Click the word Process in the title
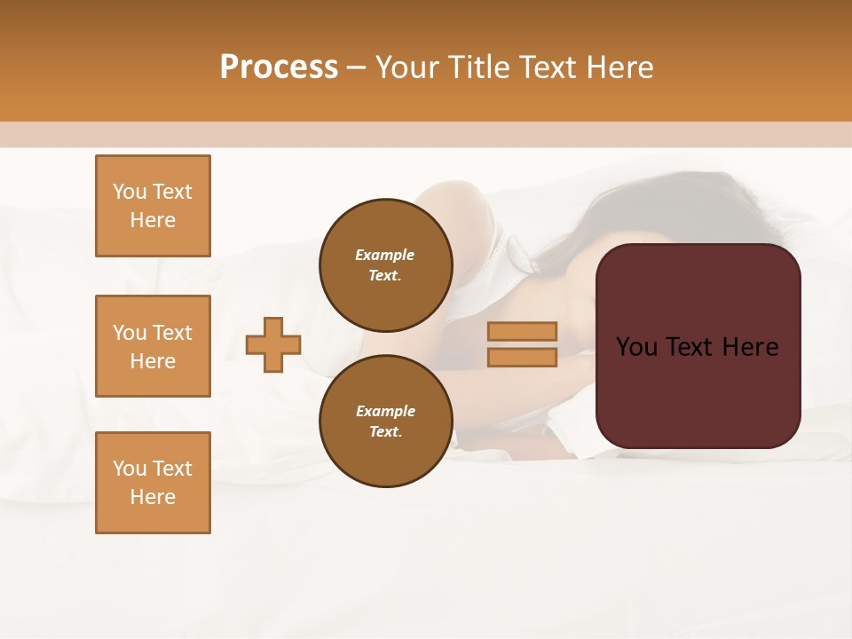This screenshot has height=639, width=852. click(x=279, y=67)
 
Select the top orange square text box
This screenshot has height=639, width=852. click(x=153, y=206)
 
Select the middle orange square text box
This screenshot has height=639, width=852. click(x=153, y=346)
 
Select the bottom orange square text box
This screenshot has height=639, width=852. click(x=153, y=483)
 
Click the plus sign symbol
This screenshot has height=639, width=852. click(x=273, y=344)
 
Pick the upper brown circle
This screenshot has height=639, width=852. click(x=386, y=265)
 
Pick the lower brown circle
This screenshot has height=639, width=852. click(x=386, y=422)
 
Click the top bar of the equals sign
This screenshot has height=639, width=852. click(x=523, y=331)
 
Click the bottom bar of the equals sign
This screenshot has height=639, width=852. click(x=523, y=358)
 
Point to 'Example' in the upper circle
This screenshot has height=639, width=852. click(x=385, y=255)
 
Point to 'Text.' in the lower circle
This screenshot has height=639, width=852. click(x=386, y=432)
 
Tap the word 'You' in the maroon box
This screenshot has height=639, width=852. click(x=636, y=347)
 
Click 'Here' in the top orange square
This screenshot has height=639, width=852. click(x=153, y=220)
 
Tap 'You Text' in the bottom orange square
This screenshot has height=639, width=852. click(x=153, y=469)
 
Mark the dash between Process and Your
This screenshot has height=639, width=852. click(x=357, y=68)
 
